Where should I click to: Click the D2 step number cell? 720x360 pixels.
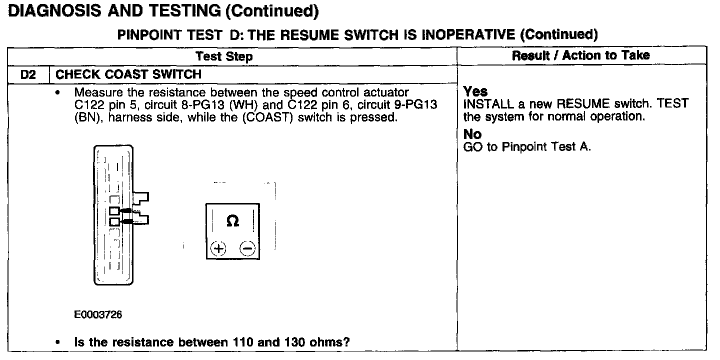pyautogui.click(x=28, y=74)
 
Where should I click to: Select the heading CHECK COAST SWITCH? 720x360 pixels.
pyautogui.click(x=128, y=74)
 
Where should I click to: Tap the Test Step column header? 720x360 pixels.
pyautogui.click(x=224, y=56)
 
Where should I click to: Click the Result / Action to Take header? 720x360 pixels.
pyautogui.click(x=580, y=55)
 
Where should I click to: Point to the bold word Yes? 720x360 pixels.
pyautogui.click(x=475, y=91)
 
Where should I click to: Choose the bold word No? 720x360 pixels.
pyautogui.click(x=472, y=135)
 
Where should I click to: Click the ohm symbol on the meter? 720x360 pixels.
pyautogui.click(x=232, y=221)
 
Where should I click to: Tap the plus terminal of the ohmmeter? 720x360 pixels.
pyautogui.click(x=218, y=248)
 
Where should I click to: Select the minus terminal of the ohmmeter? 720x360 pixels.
pyautogui.click(x=247, y=248)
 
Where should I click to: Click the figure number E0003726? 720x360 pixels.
pyautogui.click(x=98, y=315)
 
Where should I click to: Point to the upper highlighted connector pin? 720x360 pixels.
pyautogui.click(x=114, y=210)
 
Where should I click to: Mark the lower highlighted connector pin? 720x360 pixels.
pyautogui.click(x=114, y=221)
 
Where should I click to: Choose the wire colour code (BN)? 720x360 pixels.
pyautogui.click(x=86, y=118)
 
